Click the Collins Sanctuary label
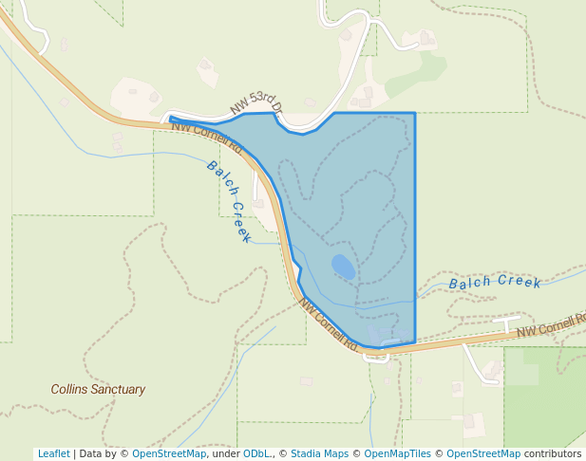[x=98, y=389]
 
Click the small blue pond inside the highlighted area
[x=343, y=267]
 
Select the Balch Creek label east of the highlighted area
[x=495, y=283]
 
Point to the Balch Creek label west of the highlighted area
[x=229, y=201]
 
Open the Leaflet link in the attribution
[x=53, y=453]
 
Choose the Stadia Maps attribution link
[x=319, y=453]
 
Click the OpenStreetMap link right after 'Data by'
[x=169, y=453]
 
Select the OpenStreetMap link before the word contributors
[x=483, y=453]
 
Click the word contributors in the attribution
[x=552, y=453]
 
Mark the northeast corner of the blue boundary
[x=415, y=113]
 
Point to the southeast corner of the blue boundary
[x=415, y=342]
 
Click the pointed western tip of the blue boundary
[x=171, y=119]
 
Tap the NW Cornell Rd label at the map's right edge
[x=551, y=326]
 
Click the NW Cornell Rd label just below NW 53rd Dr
[x=208, y=137]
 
